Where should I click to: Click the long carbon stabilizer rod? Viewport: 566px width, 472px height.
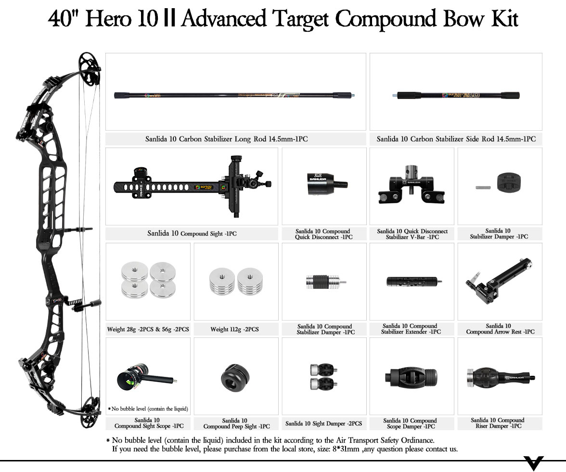pyautogui.click(x=236, y=95)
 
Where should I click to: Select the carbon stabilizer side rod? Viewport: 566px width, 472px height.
pyautogui.click(x=455, y=95)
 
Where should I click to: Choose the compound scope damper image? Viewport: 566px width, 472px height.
pyautogui.click(x=412, y=377)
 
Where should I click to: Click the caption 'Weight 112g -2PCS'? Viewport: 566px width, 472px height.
pyautogui.click(x=234, y=329)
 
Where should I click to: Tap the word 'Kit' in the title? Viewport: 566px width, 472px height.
pyautogui.click(x=502, y=19)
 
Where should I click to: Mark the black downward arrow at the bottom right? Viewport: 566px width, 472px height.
pyautogui.click(x=534, y=463)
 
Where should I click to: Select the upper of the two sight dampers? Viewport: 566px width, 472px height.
pyautogui.click(x=321, y=370)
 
